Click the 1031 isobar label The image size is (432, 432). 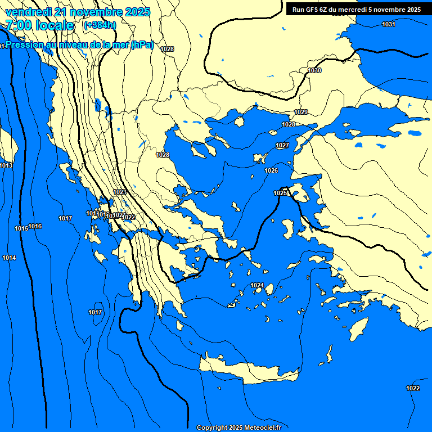[388, 24]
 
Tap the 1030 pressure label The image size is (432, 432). [315, 70]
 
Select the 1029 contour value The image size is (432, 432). [301, 112]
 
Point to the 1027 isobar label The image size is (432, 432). [282, 146]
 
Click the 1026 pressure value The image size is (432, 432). [271, 170]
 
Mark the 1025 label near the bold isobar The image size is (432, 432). [280, 193]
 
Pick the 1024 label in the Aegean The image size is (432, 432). [257, 285]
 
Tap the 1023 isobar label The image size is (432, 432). [120, 192]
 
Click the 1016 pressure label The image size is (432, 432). [35, 226]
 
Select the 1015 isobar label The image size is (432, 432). [21, 228]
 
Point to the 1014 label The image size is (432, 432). [9, 258]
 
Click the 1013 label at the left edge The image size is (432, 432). [6, 165]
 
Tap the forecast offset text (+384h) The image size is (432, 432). [100, 25]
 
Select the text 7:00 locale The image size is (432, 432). [39, 25]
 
